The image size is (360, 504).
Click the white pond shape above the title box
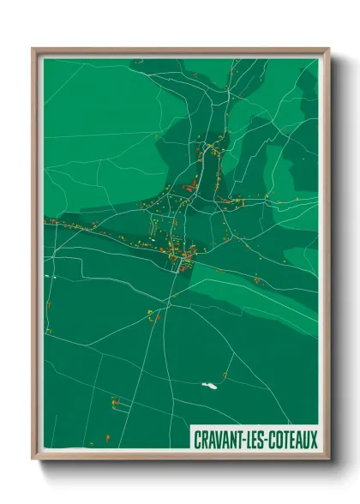[x=208, y=385]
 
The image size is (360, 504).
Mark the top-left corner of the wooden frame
[x=33, y=49]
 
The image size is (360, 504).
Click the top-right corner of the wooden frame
[x=329, y=49]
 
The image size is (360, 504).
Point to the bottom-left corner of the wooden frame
[x=33, y=460]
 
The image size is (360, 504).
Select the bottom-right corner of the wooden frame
[x=329, y=460]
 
